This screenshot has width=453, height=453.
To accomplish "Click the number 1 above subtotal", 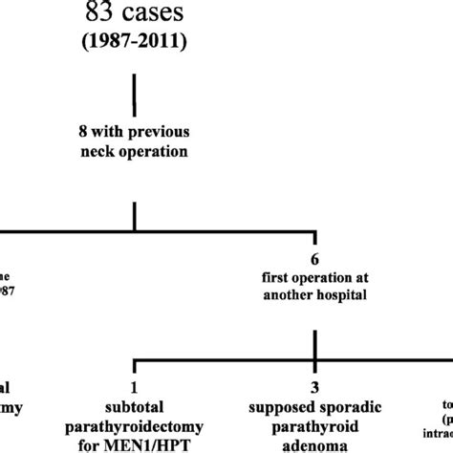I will (134, 386).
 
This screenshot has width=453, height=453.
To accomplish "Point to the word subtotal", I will (134, 404).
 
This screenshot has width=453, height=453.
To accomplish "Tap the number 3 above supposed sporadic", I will (314, 386).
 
